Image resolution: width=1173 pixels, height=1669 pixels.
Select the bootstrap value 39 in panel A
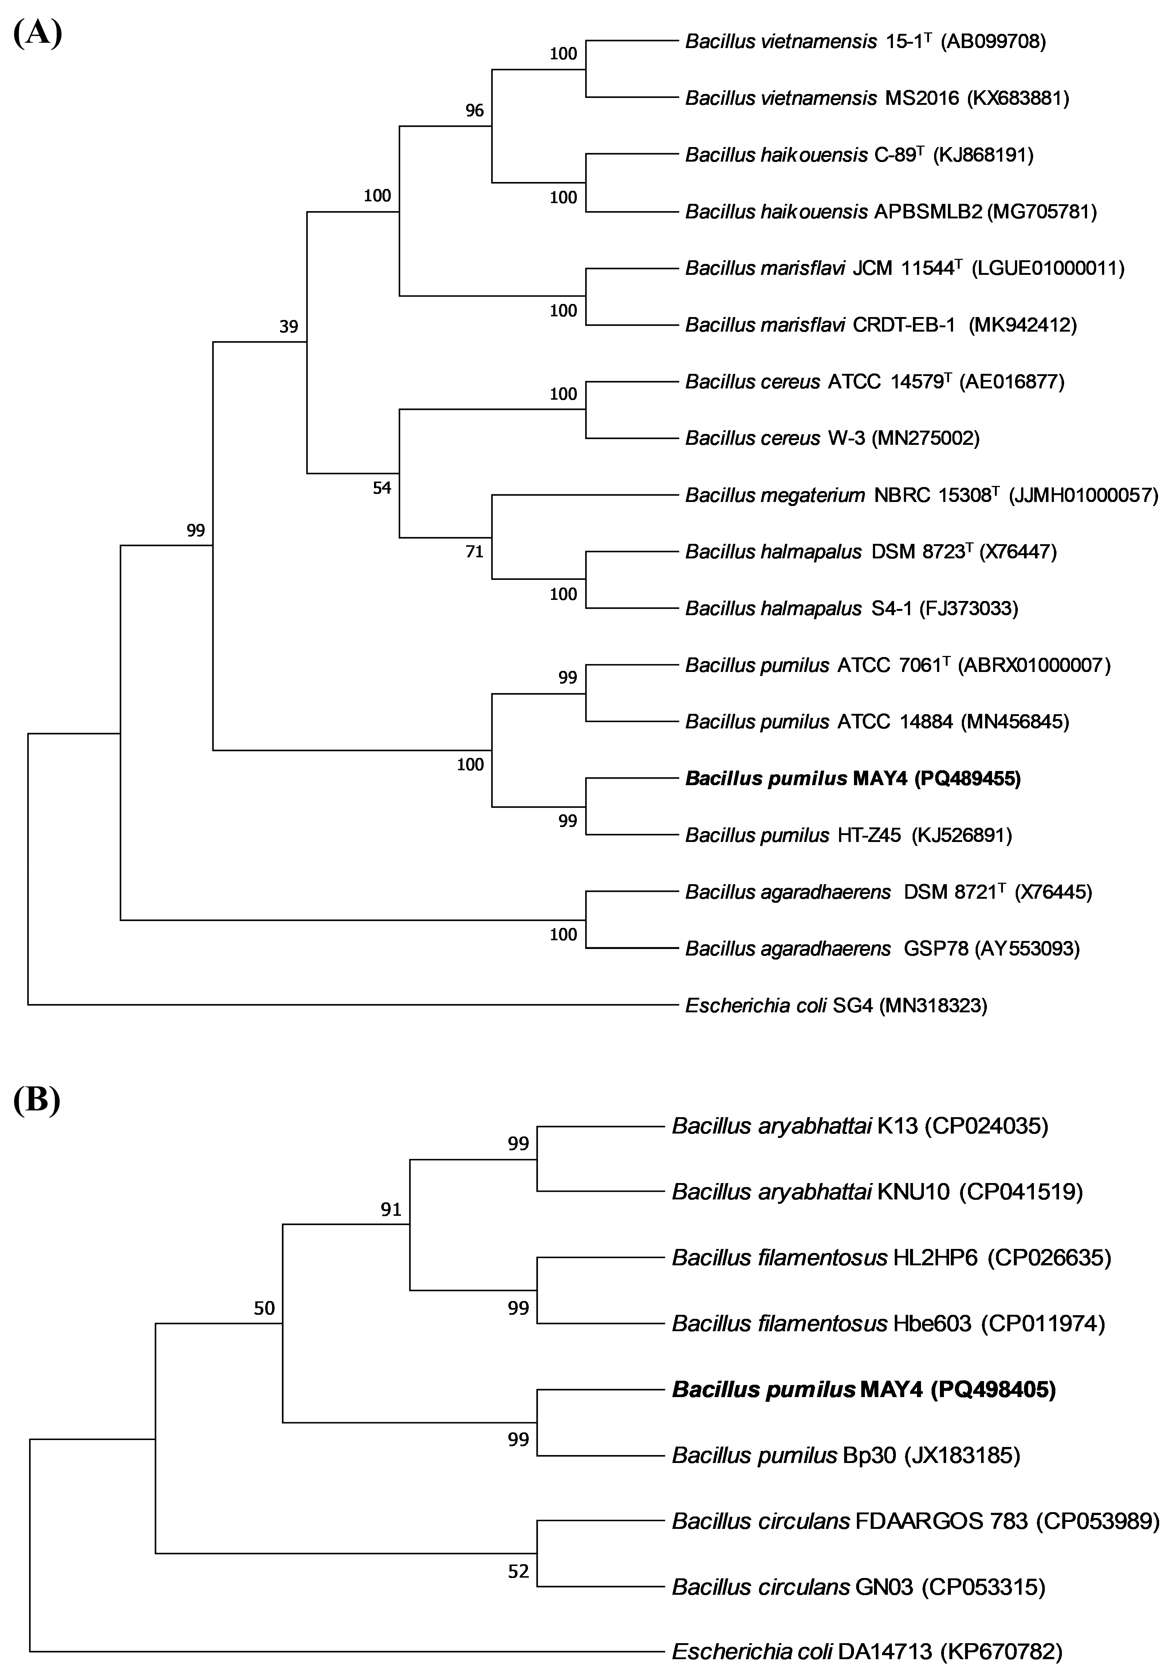289,327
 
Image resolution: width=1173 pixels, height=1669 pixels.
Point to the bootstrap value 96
474,111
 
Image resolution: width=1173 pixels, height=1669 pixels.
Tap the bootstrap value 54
382,488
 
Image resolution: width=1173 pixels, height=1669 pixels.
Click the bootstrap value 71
474,552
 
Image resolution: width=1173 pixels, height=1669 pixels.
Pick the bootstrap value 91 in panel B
391,1210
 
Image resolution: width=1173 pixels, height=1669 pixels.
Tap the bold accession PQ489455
967,779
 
